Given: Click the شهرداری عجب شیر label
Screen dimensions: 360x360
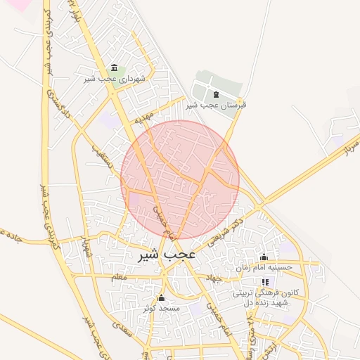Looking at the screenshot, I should [x=114, y=79].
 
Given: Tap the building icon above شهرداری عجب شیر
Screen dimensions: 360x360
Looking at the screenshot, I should [x=114, y=67].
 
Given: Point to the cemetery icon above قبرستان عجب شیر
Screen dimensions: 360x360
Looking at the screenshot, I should [x=215, y=94].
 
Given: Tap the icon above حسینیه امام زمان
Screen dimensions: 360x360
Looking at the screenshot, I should [x=264, y=257].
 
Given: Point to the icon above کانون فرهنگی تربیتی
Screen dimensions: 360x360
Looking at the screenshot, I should [x=264, y=282].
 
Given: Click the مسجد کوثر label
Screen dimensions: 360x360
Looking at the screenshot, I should [x=162, y=308].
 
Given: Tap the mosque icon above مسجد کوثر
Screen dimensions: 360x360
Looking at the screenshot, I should [x=162, y=297].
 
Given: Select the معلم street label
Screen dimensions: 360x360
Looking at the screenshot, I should [x=120, y=278].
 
